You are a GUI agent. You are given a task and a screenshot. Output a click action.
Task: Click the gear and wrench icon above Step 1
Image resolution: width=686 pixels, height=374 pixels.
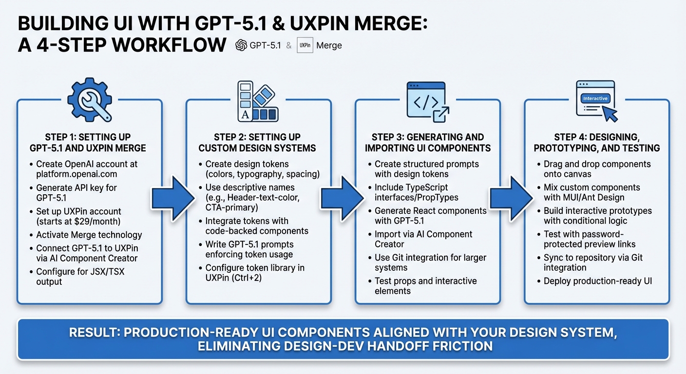click(x=89, y=100)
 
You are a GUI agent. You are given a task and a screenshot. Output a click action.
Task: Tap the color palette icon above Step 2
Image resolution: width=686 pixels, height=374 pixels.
click(x=258, y=101)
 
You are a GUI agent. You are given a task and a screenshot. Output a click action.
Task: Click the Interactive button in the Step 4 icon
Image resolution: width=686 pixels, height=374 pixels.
click(x=595, y=98)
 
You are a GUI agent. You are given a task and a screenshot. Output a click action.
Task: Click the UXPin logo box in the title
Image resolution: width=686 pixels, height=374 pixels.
click(x=305, y=45)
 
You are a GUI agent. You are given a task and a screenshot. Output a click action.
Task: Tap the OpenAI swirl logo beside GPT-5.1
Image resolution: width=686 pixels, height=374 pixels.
click(x=241, y=45)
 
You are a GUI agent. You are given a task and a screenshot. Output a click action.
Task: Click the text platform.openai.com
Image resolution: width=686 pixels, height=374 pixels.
click(x=76, y=174)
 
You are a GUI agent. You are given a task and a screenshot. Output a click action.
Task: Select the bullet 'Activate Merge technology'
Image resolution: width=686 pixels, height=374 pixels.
click(x=89, y=235)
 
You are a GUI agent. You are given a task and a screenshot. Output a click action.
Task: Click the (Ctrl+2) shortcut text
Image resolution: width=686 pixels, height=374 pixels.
click(x=264, y=278)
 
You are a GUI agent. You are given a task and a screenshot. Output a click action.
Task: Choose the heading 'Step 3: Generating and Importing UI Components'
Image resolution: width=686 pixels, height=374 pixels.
click(x=427, y=142)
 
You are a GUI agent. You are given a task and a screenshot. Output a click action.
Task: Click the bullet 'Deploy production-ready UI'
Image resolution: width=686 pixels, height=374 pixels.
click(x=597, y=281)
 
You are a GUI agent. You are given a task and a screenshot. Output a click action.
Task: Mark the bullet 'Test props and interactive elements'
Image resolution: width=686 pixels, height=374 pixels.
click(x=425, y=286)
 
